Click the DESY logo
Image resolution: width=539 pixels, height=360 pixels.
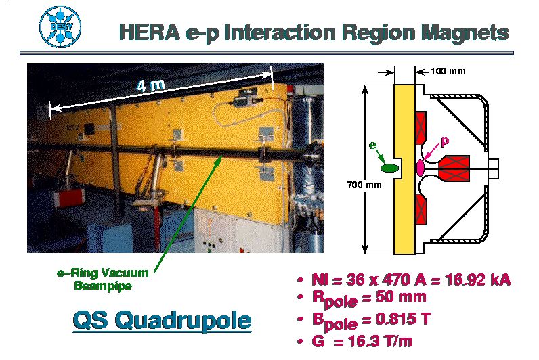pos(60,26)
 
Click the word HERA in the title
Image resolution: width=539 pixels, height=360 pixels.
pos(150,32)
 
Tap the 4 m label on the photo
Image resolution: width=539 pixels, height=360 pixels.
pos(150,85)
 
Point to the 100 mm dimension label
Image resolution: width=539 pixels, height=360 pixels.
pos(448,72)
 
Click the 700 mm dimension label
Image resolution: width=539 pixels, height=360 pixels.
pos(364,185)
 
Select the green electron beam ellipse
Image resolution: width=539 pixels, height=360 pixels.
pos(390,168)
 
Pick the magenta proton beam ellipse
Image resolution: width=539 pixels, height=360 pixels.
pos(421,167)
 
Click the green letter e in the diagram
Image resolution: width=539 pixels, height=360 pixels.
pos(372,145)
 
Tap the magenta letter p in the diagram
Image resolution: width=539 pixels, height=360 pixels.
pos(444,141)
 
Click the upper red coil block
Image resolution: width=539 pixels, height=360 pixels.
pos(421,127)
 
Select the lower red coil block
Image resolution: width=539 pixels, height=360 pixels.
pos(421,210)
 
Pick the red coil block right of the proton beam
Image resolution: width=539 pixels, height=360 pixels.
pos(454,168)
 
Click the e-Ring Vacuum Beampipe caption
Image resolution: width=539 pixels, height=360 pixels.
pos(103,279)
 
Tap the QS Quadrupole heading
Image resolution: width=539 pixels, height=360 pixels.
pos(162,321)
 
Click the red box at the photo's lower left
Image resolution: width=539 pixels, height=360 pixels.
pos(69,198)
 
